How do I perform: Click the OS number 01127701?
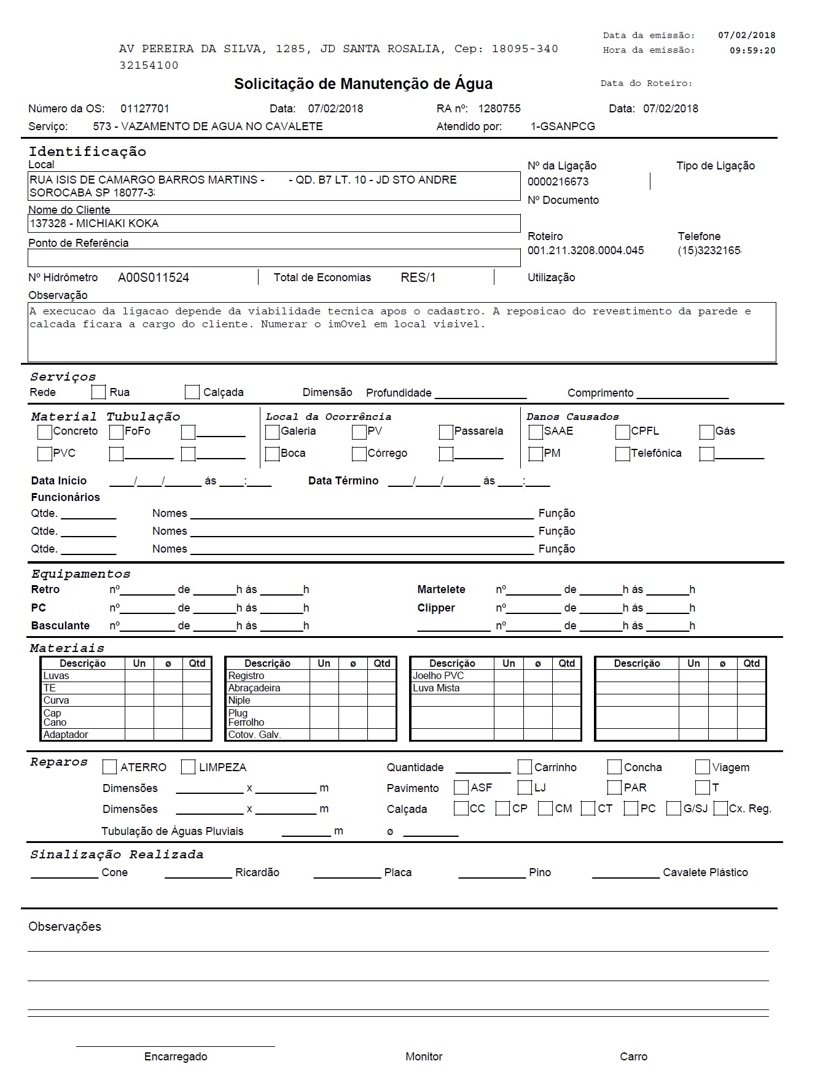tap(145, 109)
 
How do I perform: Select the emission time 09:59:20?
tap(752, 51)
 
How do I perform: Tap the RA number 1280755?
tap(499, 109)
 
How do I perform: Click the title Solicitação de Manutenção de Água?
tap(363, 84)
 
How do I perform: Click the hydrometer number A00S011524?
tap(154, 278)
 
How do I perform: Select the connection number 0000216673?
tap(558, 182)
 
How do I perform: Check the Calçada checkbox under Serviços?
tap(192, 392)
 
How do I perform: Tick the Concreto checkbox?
tap(45, 432)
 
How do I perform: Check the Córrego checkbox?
tap(359, 454)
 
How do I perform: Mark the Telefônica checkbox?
tap(622, 454)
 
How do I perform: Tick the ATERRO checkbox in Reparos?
tap(110, 767)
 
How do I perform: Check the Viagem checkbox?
tap(703, 767)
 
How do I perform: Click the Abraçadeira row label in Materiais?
tap(254, 688)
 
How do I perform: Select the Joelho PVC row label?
tap(439, 676)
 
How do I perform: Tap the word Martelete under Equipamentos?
tap(441, 589)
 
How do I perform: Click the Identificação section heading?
tap(87, 152)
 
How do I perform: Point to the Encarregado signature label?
tap(176, 1057)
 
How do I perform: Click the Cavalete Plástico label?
tap(705, 872)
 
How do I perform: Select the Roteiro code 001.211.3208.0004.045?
tap(585, 251)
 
